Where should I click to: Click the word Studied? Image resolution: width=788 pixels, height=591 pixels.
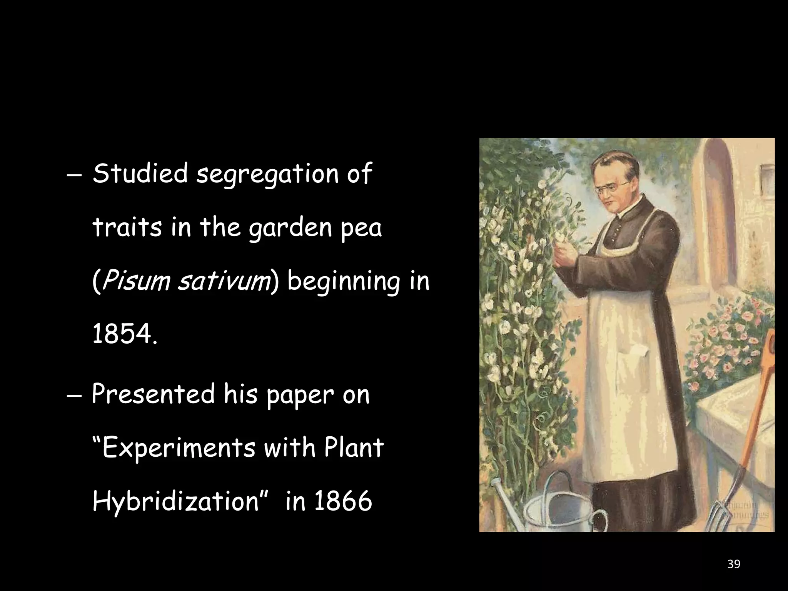140,174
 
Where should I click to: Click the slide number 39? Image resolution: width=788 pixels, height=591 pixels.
734,564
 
